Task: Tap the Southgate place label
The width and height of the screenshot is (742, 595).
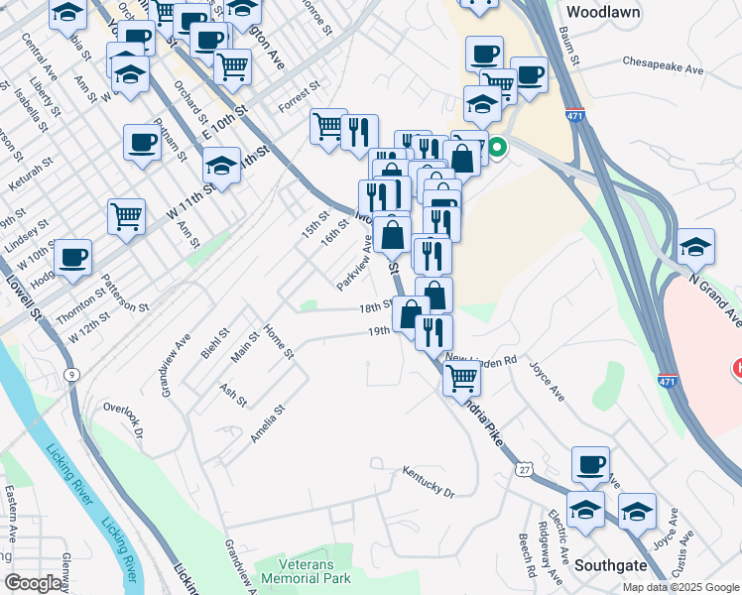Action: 611,565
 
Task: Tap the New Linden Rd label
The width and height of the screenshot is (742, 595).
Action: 481,359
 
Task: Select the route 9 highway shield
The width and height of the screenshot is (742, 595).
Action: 70,375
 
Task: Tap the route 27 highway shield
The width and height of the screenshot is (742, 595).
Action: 523,465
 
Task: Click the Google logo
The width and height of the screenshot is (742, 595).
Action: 33,583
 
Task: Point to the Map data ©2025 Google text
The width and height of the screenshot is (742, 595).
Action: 680,587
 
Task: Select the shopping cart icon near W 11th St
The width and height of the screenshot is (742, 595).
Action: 126,215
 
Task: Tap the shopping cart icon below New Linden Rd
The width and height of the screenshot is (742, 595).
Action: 461,376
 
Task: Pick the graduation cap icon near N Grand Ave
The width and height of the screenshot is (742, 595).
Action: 696,248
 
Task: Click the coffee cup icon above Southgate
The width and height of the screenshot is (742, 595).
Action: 590,464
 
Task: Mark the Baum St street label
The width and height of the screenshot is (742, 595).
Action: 570,46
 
